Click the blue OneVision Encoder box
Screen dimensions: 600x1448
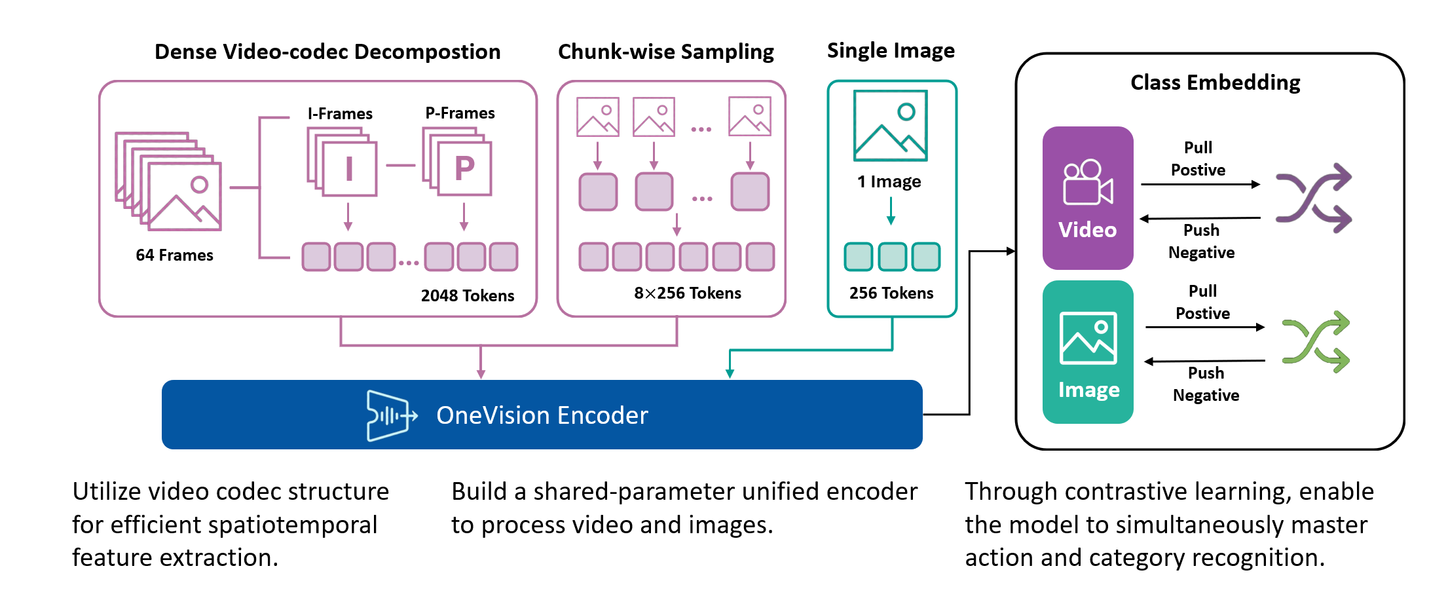click(542, 415)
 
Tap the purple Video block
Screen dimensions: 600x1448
click(1087, 198)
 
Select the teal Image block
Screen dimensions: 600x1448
click(1087, 352)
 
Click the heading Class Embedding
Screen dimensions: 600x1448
click(1215, 83)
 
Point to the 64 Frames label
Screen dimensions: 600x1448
click(174, 255)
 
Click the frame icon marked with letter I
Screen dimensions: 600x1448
click(349, 169)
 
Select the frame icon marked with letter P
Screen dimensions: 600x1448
click(464, 168)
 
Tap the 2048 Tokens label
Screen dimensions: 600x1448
click(467, 295)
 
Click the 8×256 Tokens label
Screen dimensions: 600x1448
click(687, 293)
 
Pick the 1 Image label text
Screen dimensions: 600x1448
click(889, 181)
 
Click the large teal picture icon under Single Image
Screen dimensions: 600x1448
click(890, 126)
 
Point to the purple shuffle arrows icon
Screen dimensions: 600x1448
click(1313, 198)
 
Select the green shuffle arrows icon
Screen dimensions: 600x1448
click(1315, 342)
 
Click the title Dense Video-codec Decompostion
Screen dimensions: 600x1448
click(327, 52)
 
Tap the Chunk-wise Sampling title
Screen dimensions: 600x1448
click(665, 52)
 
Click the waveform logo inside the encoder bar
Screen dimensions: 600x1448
click(390, 415)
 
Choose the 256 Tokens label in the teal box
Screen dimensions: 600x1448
click(891, 293)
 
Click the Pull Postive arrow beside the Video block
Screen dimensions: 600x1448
click(1200, 185)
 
